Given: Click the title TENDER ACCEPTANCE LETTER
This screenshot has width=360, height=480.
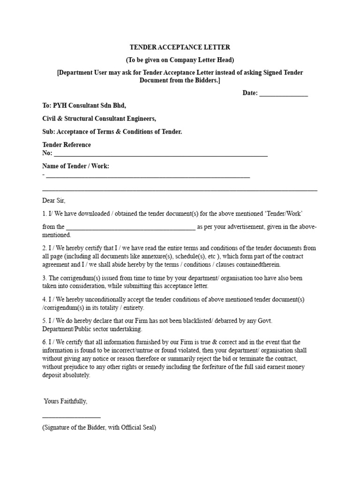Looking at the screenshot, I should pos(180,48).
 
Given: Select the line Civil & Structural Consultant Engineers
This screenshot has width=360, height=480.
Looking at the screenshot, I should pos(99,119).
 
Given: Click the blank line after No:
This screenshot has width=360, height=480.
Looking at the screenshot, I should pos(160,154).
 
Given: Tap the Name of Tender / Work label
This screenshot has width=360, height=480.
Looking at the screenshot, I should pos(75,166).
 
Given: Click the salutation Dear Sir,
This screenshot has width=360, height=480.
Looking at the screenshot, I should pos(54,201).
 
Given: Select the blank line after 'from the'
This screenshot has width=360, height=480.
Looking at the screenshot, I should pos(131,227).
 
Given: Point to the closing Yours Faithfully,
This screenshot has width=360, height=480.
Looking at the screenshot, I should pos(65,402).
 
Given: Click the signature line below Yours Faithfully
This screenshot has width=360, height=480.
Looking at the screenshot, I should pos(71,416).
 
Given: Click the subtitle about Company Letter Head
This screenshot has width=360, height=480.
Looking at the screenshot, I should pos(180,60).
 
